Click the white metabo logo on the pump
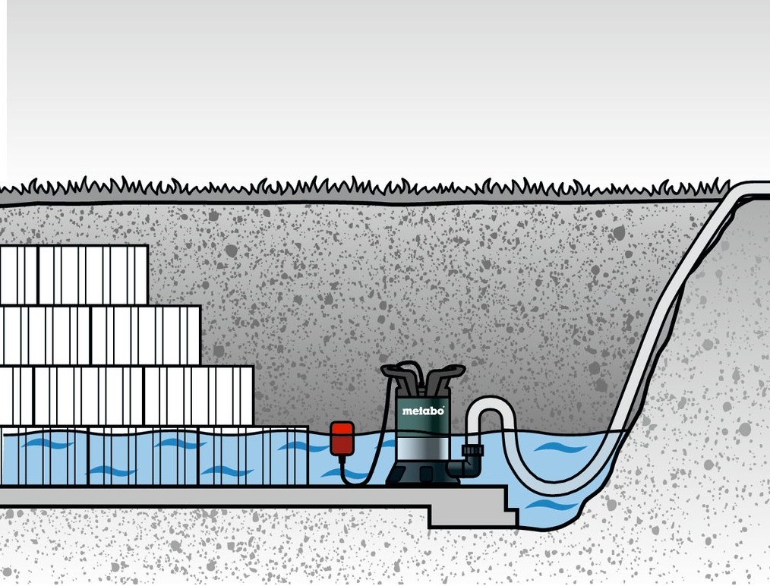point(423,411)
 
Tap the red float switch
point(342,438)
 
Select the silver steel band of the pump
point(423,449)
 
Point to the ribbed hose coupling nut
point(472,450)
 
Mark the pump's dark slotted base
point(422,472)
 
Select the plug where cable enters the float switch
point(342,459)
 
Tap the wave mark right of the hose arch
point(560,448)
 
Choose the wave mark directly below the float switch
point(344,474)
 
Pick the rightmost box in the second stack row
point(146,336)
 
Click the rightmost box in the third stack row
point(199,395)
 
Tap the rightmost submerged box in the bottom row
point(253,456)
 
